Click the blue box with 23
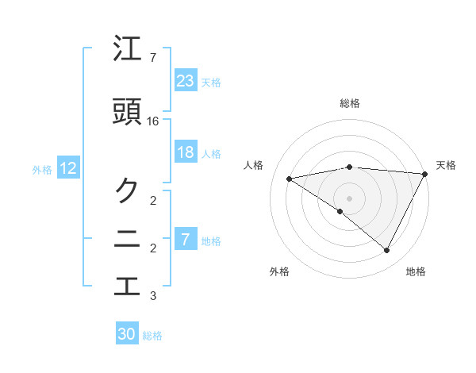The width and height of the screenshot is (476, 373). [186, 80]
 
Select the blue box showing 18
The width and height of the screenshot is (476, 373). [186, 152]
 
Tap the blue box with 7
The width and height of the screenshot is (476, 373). [186, 239]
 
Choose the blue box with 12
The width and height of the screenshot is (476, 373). [68, 168]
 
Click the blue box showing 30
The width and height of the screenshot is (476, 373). [127, 334]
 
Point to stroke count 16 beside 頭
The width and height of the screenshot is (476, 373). [154, 121]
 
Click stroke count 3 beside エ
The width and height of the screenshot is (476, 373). [153, 297]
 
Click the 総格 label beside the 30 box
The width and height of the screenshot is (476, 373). [152, 336]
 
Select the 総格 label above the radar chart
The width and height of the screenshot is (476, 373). [349, 103]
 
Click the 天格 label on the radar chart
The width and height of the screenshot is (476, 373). [446, 165]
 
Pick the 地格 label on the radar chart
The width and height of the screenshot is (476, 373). [416, 272]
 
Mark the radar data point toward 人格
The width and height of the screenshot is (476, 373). [290, 179]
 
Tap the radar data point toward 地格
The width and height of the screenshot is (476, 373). [387, 251]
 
